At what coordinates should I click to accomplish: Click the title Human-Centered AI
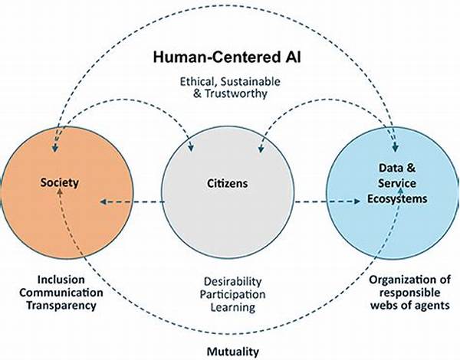(227, 57)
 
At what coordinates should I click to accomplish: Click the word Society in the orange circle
(60, 183)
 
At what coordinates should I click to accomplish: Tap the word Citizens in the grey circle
(228, 184)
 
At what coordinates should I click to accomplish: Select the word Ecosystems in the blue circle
(397, 199)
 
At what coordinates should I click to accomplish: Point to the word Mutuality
(233, 352)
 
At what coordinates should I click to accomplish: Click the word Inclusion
(61, 280)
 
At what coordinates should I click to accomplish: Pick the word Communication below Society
(61, 293)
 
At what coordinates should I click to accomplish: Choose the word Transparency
(61, 306)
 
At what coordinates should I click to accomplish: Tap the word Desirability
(232, 282)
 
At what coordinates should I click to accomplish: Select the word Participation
(232, 295)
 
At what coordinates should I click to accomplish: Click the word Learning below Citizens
(233, 307)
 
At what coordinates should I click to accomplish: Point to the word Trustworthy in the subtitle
(235, 93)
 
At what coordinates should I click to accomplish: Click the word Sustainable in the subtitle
(250, 81)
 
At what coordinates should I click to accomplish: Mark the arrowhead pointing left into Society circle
(103, 201)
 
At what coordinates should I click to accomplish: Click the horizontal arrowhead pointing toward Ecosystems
(357, 201)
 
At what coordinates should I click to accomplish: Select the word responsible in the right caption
(410, 293)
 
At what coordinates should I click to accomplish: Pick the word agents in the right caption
(432, 306)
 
